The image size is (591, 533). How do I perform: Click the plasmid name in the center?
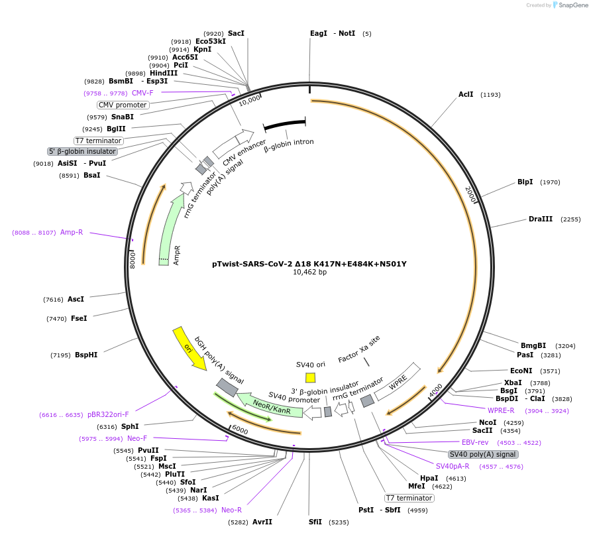tap(309, 263)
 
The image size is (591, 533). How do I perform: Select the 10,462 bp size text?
tap(309, 272)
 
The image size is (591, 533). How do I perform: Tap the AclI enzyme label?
tap(466, 95)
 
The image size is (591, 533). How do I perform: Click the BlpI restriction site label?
tap(525, 182)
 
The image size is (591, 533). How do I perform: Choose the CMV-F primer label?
tap(142, 93)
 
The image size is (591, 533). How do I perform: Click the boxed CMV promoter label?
tap(123, 105)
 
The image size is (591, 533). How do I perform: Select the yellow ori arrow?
tap(189, 348)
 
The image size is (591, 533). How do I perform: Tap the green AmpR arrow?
tap(170, 229)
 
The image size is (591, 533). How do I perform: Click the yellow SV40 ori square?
tap(310, 377)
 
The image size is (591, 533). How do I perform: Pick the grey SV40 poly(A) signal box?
tap(482, 454)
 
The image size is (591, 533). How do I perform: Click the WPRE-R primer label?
tap(501, 411)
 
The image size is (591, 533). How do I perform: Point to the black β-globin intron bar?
tap(284, 125)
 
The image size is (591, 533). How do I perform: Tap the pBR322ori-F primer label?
tap(108, 415)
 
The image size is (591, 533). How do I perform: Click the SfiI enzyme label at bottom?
tap(315, 522)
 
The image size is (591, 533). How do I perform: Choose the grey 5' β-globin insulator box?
tap(82, 151)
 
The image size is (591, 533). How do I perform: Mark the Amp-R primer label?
tap(72, 233)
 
